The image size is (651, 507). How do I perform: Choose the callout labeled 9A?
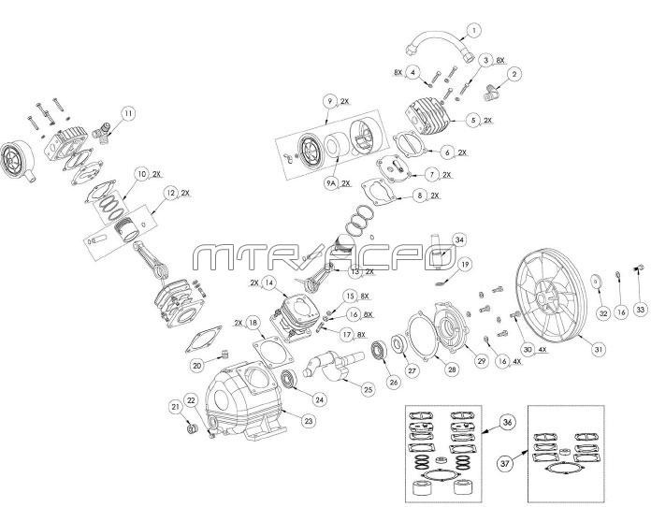coord(330,184)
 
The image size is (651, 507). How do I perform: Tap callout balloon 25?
coord(368,387)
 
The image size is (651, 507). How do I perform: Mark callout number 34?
coord(459,240)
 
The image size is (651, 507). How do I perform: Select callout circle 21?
coord(174,406)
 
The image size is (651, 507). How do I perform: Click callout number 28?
coord(452,370)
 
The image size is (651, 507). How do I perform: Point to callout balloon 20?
coord(197,365)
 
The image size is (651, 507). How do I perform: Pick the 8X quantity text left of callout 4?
coord(398,70)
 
